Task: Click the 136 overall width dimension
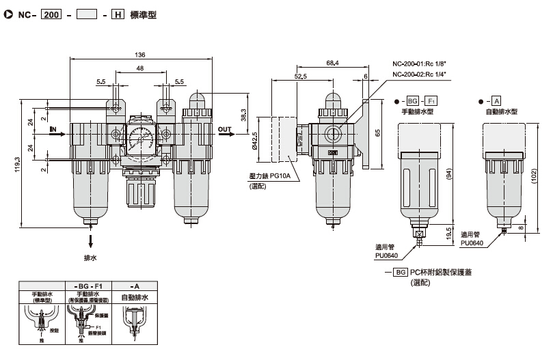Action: [140, 55]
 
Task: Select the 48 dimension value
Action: [140, 68]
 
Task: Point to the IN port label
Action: [53, 128]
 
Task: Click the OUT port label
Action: [224, 128]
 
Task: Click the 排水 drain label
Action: [90, 258]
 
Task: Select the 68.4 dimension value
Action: [333, 63]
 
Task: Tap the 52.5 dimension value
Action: [300, 77]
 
